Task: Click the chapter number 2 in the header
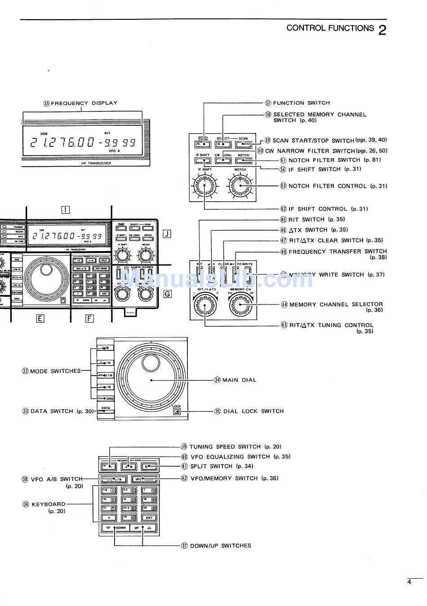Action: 382,30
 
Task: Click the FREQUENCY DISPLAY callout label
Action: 84,103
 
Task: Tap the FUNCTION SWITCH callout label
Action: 301,103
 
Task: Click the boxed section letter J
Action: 167,234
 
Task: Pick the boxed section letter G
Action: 167,294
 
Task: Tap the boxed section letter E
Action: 40,318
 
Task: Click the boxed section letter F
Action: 90,318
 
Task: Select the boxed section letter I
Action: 66,209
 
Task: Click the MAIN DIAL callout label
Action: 239,380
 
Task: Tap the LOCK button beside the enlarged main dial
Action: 177,410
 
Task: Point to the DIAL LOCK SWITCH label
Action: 254,411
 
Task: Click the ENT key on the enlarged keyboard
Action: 149,518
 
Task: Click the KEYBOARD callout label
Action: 48,504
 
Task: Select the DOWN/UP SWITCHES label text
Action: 220,546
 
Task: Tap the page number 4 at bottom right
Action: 409,582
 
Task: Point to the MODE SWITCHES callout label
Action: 55,371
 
